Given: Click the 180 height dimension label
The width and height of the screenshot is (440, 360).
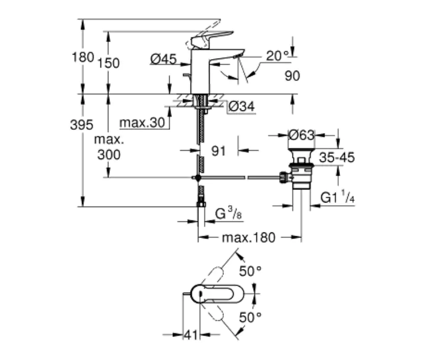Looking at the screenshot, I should [x=82, y=57].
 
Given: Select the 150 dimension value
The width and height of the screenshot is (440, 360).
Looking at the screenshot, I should [x=108, y=63].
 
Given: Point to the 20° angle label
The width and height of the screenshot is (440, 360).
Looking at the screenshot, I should [x=277, y=56].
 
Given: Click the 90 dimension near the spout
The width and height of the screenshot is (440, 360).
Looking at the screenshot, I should [x=292, y=76].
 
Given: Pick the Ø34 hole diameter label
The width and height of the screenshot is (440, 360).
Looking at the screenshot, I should [x=242, y=107].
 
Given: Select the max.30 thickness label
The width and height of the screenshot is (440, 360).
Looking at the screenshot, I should [x=143, y=123].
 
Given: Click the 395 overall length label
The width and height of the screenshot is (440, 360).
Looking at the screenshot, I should [x=81, y=125].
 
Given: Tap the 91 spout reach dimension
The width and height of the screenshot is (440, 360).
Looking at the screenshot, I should [x=219, y=150].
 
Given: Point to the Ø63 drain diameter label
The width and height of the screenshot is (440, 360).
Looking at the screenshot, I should [x=302, y=134].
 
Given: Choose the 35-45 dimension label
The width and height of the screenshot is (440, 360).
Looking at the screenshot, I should [x=337, y=157].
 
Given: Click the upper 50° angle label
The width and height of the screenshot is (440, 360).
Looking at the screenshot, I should [x=250, y=271].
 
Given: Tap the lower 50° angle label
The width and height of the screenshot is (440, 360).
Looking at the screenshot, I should [x=250, y=317].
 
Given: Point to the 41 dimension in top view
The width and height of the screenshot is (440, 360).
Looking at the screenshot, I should [x=191, y=335].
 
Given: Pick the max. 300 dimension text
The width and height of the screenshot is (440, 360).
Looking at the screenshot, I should [x=108, y=147].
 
